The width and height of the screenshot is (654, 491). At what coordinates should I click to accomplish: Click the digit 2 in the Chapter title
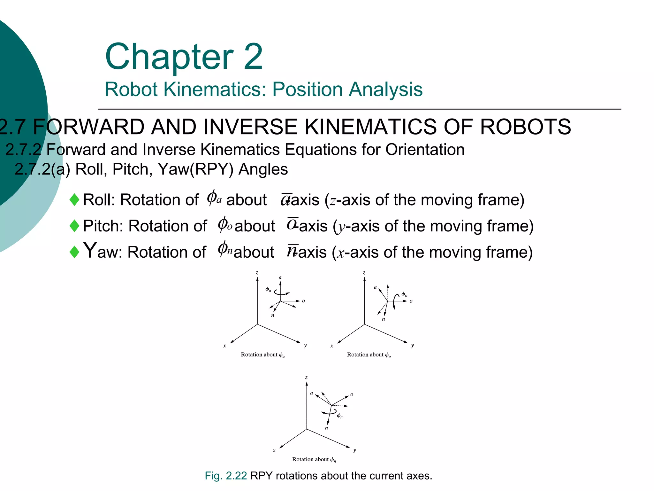coord(253,57)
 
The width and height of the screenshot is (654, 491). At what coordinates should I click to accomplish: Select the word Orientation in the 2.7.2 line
coord(425,150)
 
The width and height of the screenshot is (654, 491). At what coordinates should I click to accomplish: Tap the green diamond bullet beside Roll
coord(74,200)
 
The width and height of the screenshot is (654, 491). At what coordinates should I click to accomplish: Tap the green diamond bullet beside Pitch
coord(74,226)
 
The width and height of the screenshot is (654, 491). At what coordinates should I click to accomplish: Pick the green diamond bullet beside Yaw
coord(74,252)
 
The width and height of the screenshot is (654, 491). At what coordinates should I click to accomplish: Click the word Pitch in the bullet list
coord(103,226)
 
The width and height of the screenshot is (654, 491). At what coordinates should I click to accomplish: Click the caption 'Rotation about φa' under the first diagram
coord(262,355)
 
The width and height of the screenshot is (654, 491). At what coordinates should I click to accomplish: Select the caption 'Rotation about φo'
coord(369,355)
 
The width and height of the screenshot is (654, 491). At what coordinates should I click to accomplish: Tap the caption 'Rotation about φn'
coord(314,460)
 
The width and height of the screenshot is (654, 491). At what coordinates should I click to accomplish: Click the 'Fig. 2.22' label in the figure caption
coord(226,476)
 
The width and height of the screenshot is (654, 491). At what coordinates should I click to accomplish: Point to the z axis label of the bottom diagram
coord(306,378)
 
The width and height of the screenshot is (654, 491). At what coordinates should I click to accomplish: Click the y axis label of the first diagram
coord(305,346)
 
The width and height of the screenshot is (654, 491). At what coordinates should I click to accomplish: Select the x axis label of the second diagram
coord(332,346)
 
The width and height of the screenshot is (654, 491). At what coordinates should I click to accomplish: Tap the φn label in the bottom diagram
coord(340,416)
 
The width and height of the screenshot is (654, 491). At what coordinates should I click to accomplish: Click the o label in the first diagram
coord(303,301)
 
